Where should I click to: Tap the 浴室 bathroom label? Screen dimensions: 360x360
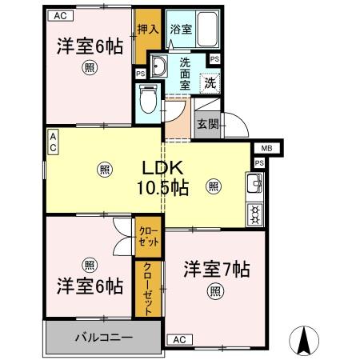coord(180,30)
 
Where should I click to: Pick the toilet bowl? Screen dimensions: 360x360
coord(146,99)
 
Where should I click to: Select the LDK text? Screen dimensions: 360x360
coord(164,169)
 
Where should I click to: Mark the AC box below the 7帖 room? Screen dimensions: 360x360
coord(178,339)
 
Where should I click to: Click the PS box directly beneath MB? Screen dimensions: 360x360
coord(258,163)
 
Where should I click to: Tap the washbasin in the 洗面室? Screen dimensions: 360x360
coord(158,66)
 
